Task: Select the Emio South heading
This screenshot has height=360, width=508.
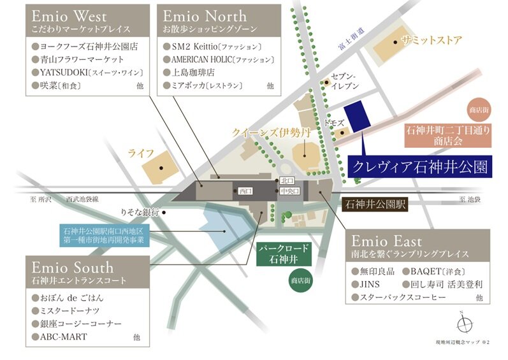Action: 71,266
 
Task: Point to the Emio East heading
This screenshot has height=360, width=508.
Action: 386,241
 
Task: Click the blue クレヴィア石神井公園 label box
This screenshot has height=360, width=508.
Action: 419,167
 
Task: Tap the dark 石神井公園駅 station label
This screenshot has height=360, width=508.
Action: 374,205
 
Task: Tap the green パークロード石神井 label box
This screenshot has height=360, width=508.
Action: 284,253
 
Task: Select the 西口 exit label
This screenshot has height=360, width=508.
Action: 246,191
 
